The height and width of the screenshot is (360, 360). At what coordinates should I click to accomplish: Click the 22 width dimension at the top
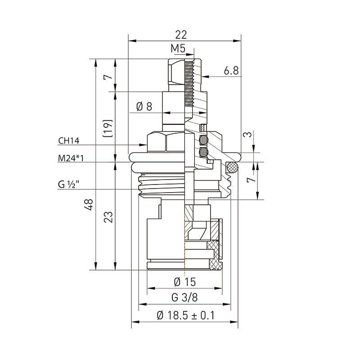click(x=181, y=35)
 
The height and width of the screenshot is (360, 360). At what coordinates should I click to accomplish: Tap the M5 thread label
click(x=178, y=49)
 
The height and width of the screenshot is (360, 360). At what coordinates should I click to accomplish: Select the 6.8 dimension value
click(x=231, y=71)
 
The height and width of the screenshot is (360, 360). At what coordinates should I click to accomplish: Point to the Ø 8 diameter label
click(x=144, y=107)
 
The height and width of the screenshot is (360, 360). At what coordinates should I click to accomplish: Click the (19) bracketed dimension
click(x=108, y=128)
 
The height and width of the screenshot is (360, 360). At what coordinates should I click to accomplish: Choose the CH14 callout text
click(x=69, y=141)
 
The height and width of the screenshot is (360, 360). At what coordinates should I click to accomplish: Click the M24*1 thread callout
click(x=70, y=158)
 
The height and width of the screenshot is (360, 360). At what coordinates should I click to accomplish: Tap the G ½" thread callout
click(x=69, y=184)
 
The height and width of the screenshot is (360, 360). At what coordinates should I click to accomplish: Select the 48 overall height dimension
click(x=89, y=205)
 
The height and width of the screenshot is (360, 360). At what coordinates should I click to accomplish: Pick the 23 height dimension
click(x=108, y=217)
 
